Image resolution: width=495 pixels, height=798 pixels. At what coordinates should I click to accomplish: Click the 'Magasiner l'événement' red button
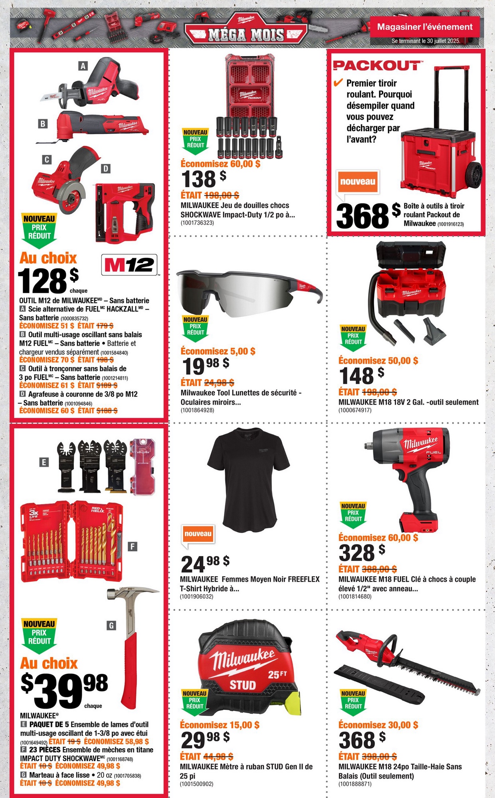coord(425,27)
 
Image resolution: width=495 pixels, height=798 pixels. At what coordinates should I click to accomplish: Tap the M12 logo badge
coord(129,265)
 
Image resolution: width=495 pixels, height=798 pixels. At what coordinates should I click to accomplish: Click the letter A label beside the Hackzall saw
coord(83,66)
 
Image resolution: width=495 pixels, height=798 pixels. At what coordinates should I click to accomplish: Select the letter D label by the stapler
coord(105,169)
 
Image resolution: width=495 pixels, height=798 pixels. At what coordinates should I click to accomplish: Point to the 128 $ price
coord(48,280)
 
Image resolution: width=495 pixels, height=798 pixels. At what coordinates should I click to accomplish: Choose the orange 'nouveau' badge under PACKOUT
coord(358,182)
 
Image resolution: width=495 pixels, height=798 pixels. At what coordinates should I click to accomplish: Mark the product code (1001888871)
coord(355,784)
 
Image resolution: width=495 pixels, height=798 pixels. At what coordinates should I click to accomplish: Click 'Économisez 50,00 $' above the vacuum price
coord(378,361)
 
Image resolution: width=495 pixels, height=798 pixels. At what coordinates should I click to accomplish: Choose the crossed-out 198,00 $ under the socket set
coord(222,195)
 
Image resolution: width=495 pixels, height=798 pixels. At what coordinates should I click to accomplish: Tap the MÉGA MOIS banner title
coord(246,35)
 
